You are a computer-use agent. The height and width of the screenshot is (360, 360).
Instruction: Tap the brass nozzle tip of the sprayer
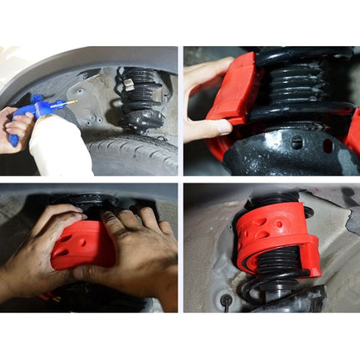(x=73, y=102)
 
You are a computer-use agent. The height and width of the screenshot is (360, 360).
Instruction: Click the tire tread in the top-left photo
(x=134, y=156)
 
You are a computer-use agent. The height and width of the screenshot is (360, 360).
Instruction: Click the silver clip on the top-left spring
(x=128, y=84)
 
